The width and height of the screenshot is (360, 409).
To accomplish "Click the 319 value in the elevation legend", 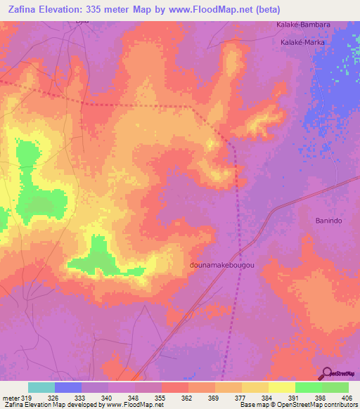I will tap(27, 399).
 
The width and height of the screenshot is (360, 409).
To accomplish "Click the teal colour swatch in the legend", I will tap(41, 387).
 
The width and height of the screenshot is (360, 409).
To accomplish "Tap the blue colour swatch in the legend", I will tap(68, 387).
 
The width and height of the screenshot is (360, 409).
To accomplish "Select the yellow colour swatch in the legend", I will tap(255, 387).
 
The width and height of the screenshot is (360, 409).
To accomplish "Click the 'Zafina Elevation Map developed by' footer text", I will tap(49, 405).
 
